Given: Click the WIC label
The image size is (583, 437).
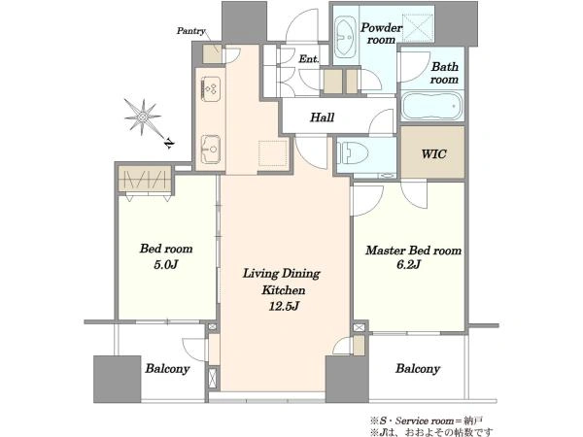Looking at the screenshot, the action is [433, 153].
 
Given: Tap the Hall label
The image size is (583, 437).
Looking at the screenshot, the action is [322, 118].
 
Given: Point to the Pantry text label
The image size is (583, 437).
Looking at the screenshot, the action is [190, 31].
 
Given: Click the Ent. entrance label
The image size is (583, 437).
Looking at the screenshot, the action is [309, 58].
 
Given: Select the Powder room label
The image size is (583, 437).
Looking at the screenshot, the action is [382, 33].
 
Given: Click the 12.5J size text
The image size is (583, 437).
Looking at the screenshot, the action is [284, 306].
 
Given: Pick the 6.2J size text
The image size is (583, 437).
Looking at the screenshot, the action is [408, 264].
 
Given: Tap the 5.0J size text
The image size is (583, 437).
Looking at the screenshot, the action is [166, 264].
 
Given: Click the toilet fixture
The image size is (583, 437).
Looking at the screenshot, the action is [352, 152].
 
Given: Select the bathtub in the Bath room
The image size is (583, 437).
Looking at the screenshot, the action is [432, 106].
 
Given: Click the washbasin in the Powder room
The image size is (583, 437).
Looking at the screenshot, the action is [345, 37].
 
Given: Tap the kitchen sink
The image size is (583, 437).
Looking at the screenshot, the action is [211, 150].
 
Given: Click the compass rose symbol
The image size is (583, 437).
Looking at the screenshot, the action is [143, 118].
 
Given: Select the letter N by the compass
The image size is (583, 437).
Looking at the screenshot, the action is [169, 143].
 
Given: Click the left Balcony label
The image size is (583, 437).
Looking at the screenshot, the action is [167, 369].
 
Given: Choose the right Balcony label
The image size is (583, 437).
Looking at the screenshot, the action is [418, 369].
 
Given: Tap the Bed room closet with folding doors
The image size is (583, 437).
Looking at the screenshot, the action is [145, 180].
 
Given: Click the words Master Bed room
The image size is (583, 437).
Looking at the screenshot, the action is [413, 251].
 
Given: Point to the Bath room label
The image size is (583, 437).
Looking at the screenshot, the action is [444, 73].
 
